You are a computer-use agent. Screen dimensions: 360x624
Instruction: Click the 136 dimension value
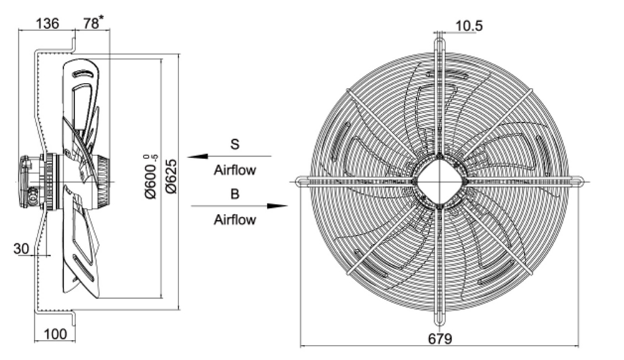pyautogui.click(x=47, y=24)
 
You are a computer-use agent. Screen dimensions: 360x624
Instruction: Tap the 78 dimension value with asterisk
pyautogui.click(x=92, y=23)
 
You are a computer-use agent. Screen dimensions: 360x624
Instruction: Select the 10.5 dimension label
pyautogui.click(x=469, y=26)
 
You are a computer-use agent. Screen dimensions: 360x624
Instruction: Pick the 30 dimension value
pyautogui.click(x=22, y=248)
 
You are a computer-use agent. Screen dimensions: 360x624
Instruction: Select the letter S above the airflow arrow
pyautogui.click(x=235, y=144)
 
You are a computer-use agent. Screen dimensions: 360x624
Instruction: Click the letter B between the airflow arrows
pyautogui.click(x=235, y=194)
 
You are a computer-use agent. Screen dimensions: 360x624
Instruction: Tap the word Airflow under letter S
pyautogui.click(x=235, y=170)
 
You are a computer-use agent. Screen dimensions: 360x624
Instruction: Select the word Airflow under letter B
pyautogui.click(x=235, y=220)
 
